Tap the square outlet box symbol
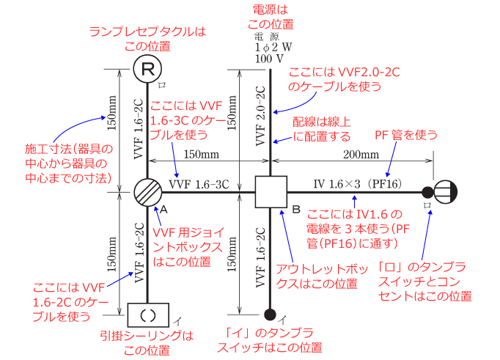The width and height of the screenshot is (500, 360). click(271, 193)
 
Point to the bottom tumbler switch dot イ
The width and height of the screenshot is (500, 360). click(271, 316)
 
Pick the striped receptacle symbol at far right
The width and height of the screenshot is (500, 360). click(446, 192)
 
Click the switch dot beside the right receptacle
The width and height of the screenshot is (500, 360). click(427, 193)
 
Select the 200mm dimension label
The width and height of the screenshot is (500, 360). click(360, 154)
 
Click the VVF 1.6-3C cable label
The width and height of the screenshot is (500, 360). click(199, 184)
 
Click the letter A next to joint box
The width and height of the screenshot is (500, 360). click(164, 209)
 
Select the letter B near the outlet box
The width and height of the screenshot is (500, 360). click(296, 210)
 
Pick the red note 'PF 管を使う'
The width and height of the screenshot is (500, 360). click(406, 134)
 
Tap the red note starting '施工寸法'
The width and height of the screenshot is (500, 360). click(66, 162)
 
